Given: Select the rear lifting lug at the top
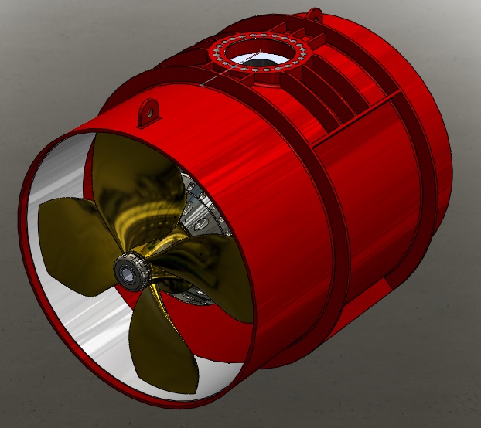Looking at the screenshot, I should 313,14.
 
